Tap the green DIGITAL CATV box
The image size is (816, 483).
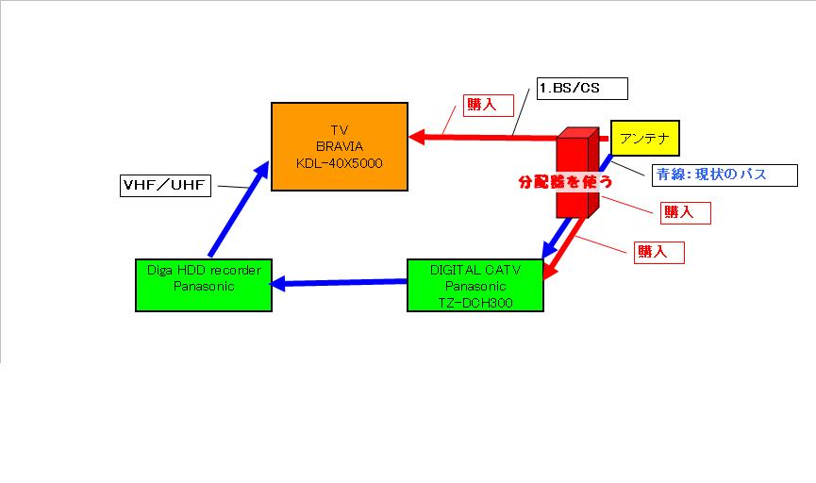(475, 284)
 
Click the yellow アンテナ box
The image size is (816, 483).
(644, 139)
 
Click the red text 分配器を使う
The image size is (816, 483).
(559, 180)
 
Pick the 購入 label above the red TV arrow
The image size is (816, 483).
(480, 104)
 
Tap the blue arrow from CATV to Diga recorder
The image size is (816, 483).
(340, 281)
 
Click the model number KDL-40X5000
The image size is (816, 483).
(339, 162)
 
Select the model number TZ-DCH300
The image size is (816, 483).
(475, 301)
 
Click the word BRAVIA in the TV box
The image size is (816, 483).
(339, 146)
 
